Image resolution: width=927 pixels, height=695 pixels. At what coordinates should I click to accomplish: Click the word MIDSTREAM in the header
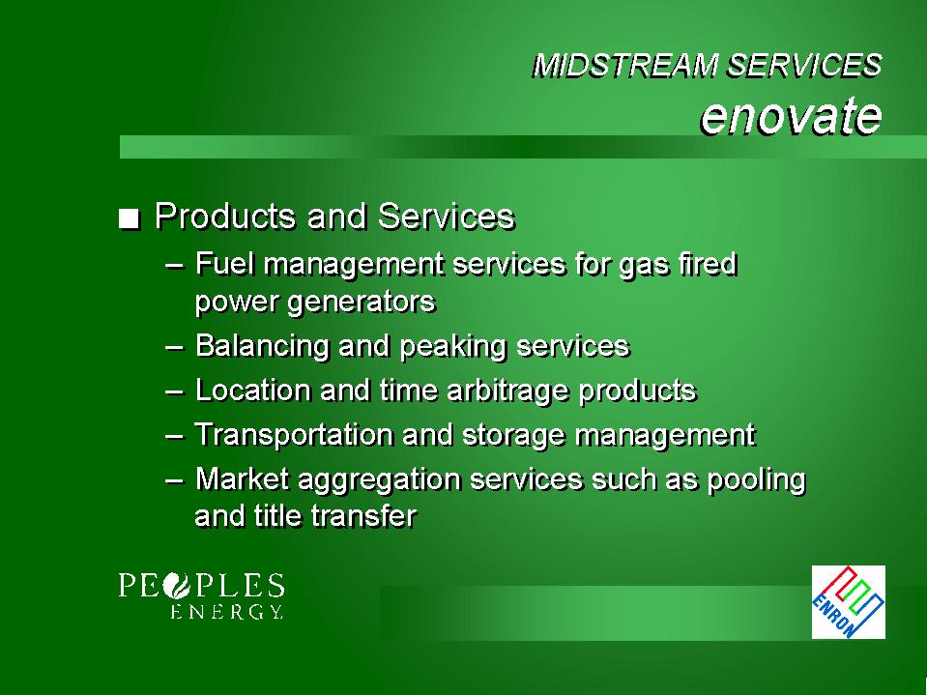[x=626, y=66]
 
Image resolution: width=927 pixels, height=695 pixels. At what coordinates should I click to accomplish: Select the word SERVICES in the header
[x=805, y=65]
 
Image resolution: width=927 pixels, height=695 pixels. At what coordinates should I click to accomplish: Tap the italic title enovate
[x=791, y=115]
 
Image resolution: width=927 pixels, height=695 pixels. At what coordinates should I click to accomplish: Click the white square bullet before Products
[x=129, y=218]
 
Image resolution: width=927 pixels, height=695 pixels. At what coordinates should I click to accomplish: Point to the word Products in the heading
[x=225, y=216]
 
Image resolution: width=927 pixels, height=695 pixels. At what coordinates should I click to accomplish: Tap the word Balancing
[x=262, y=347]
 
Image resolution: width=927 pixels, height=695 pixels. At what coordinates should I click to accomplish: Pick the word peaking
[x=452, y=347]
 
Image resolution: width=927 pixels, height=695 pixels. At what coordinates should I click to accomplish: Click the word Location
[x=253, y=391]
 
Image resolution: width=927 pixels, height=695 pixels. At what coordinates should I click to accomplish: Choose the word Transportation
[x=294, y=435]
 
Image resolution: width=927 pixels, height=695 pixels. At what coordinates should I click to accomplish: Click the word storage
[x=513, y=436]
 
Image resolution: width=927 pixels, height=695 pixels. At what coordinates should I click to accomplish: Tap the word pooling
[x=757, y=479]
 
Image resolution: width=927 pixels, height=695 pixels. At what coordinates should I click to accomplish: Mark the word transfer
[x=364, y=515]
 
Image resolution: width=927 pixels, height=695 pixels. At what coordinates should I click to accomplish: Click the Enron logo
[x=849, y=601]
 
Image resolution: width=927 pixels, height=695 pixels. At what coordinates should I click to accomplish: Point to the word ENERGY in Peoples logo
[x=226, y=611]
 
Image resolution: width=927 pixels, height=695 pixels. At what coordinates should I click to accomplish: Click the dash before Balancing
[x=174, y=347]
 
